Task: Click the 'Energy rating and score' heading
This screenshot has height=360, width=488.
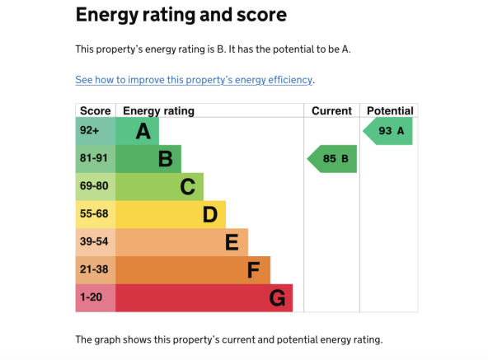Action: click(x=181, y=15)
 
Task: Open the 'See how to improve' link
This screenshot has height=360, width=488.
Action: click(x=194, y=80)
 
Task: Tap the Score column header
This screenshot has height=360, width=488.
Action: click(x=96, y=110)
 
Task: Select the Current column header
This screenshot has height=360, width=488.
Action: click(x=331, y=110)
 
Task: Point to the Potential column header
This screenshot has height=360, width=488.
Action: click(x=390, y=110)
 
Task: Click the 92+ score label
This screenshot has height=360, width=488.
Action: click(x=89, y=130)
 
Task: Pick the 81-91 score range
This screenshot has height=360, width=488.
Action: click(x=93, y=158)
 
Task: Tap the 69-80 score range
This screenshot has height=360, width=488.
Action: click(x=94, y=185)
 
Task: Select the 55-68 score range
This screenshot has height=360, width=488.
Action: click(x=94, y=213)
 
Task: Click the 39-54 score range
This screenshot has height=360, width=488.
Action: click(x=94, y=241)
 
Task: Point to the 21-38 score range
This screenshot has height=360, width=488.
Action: click(x=94, y=269)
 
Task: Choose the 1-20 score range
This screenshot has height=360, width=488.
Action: click(x=91, y=297)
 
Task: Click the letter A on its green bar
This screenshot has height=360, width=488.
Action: click(x=143, y=131)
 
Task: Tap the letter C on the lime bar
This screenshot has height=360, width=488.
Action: click(x=188, y=187)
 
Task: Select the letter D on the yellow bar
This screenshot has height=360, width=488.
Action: click(x=210, y=214)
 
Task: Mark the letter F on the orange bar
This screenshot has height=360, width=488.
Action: click(x=254, y=270)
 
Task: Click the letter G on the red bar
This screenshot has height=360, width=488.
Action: click(x=277, y=298)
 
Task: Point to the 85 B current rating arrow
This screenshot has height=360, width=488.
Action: click(x=331, y=159)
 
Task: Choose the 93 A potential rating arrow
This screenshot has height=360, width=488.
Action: click(x=387, y=131)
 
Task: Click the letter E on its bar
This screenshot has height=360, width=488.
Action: click(x=232, y=242)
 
